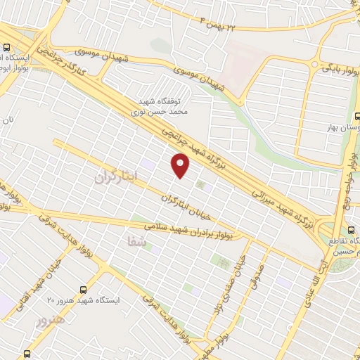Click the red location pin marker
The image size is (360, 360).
coord(181,166)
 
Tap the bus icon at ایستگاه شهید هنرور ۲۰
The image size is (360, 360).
coord(84,289)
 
